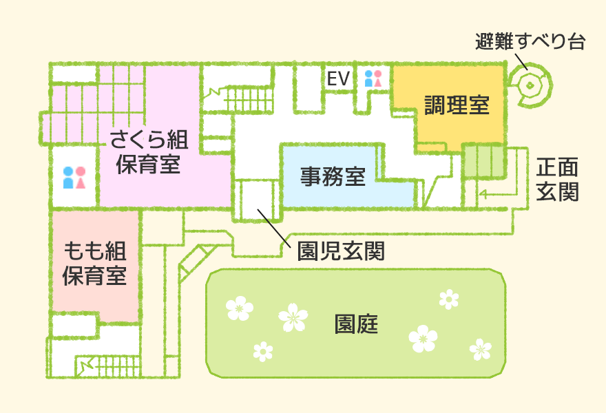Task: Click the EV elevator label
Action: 338,79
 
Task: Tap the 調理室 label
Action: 457,106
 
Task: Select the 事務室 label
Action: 333,177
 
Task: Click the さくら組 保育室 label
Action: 148,152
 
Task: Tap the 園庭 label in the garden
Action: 357,324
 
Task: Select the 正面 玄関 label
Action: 557,179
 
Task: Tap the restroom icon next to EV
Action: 373,78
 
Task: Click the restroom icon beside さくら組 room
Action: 74,178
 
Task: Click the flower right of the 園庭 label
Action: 422,338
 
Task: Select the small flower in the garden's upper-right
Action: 449,299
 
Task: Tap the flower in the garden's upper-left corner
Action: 239,308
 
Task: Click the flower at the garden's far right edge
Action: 480,349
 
